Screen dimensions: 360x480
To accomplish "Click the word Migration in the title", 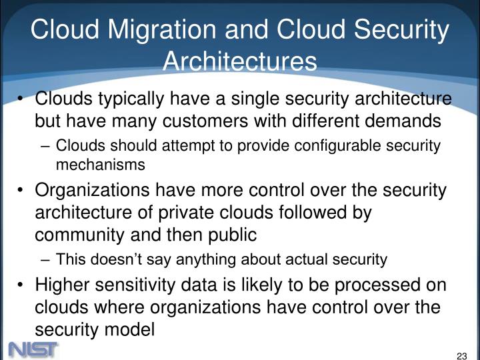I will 145,29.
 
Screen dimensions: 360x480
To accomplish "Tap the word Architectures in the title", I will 239,61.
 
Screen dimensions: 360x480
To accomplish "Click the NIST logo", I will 33,347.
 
